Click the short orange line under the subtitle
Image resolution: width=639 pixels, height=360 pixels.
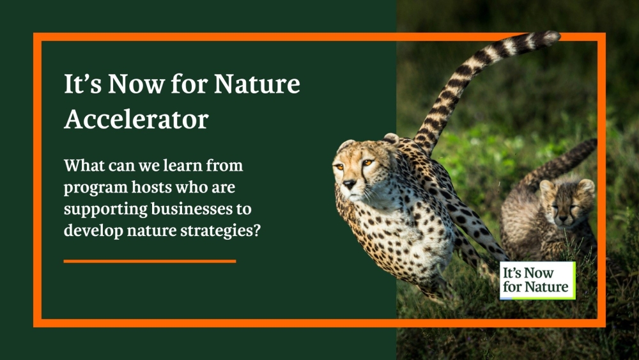point(150,261)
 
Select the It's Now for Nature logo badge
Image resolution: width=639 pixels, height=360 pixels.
point(537,280)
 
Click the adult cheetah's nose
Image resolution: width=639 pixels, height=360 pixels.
point(349,184)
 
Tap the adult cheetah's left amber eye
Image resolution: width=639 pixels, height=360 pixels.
point(367,163)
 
